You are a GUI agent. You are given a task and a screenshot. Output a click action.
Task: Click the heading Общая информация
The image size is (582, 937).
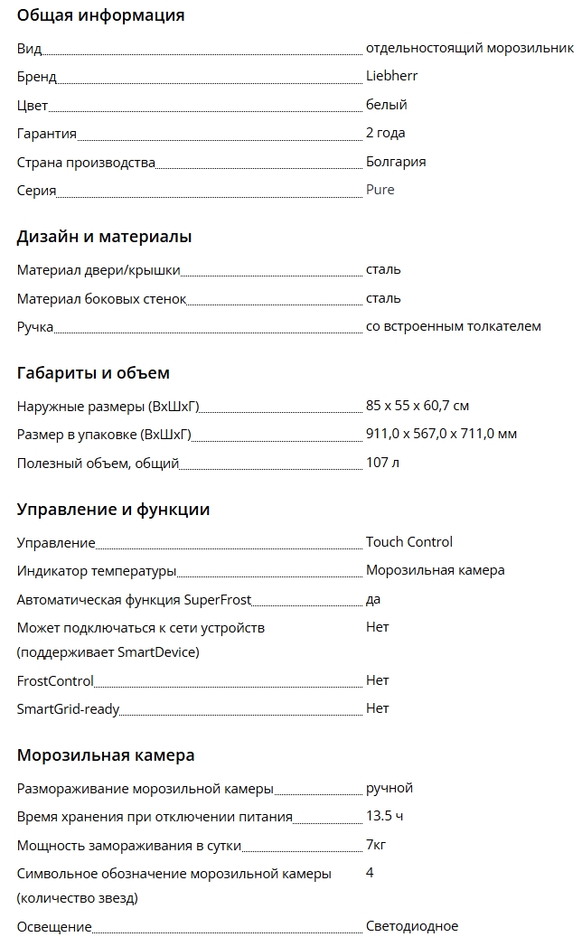click(100, 15)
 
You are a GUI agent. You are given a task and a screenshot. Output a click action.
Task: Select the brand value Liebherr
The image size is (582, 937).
click(391, 76)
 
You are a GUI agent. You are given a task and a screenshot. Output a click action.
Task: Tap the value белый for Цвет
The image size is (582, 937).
click(386, 105)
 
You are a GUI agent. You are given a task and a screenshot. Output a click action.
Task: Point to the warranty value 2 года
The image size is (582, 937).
click(385, 133)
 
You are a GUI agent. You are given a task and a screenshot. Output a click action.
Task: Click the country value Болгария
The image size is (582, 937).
click(396, 162)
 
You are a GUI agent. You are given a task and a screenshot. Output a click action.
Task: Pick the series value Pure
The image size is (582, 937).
click(380, 190)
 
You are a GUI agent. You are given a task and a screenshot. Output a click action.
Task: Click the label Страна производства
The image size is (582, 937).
click(86, 163)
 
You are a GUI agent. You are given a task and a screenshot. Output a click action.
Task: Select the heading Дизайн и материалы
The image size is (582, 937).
click(104, 238)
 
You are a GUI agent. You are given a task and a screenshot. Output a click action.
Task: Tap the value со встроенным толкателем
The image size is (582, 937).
click(453, 326)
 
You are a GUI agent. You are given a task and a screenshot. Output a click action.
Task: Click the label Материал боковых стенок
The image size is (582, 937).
click(101, 298)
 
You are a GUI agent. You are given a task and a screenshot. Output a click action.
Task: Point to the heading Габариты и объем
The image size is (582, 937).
click(93, 373)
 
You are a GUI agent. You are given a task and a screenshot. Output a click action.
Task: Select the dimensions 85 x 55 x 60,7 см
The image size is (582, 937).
click(417, 406)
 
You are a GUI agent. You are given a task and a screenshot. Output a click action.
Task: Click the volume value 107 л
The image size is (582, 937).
click(382, 463)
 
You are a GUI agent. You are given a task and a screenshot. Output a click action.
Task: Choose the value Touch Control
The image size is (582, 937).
click(408, 542)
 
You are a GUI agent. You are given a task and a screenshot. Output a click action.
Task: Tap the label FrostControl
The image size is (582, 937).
click(55, 680)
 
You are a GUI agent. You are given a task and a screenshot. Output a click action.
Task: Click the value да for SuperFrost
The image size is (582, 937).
click(373, 599)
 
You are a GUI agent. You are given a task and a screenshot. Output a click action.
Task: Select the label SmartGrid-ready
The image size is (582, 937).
click(68, 709)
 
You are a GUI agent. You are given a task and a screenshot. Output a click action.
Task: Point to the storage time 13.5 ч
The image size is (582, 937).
click(384, 816)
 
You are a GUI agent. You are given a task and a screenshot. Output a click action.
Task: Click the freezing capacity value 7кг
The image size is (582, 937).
click(377, 845)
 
